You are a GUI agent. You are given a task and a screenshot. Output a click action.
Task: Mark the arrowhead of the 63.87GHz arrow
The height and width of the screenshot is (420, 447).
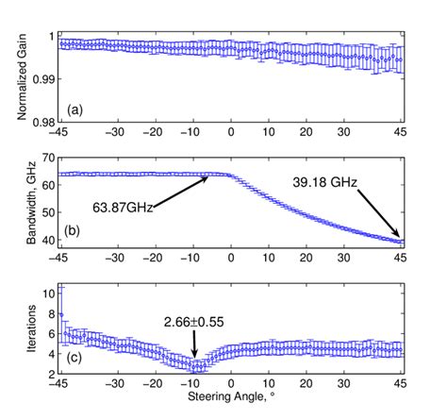pos(208,176)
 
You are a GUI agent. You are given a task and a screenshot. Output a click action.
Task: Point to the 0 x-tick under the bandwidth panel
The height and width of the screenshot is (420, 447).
pos(231,257)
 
